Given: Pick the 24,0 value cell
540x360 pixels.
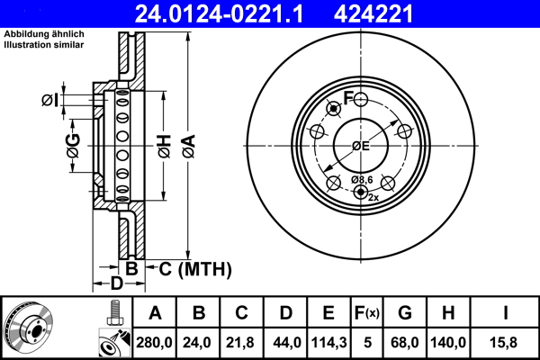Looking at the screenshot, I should [x=199, y=342].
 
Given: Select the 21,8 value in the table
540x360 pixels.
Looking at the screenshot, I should [x=242, y=342].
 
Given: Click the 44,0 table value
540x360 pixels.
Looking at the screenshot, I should [x=285, y=342].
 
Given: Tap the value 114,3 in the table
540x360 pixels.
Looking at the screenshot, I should [x=329, y=342].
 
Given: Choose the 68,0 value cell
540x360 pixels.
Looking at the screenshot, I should [x=404, y=342].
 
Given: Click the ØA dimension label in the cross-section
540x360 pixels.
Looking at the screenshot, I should [x=187, y=145].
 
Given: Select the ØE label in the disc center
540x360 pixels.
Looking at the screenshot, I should [x=361, y=146].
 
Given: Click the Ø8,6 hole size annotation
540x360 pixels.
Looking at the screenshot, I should [x=362, y=179].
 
